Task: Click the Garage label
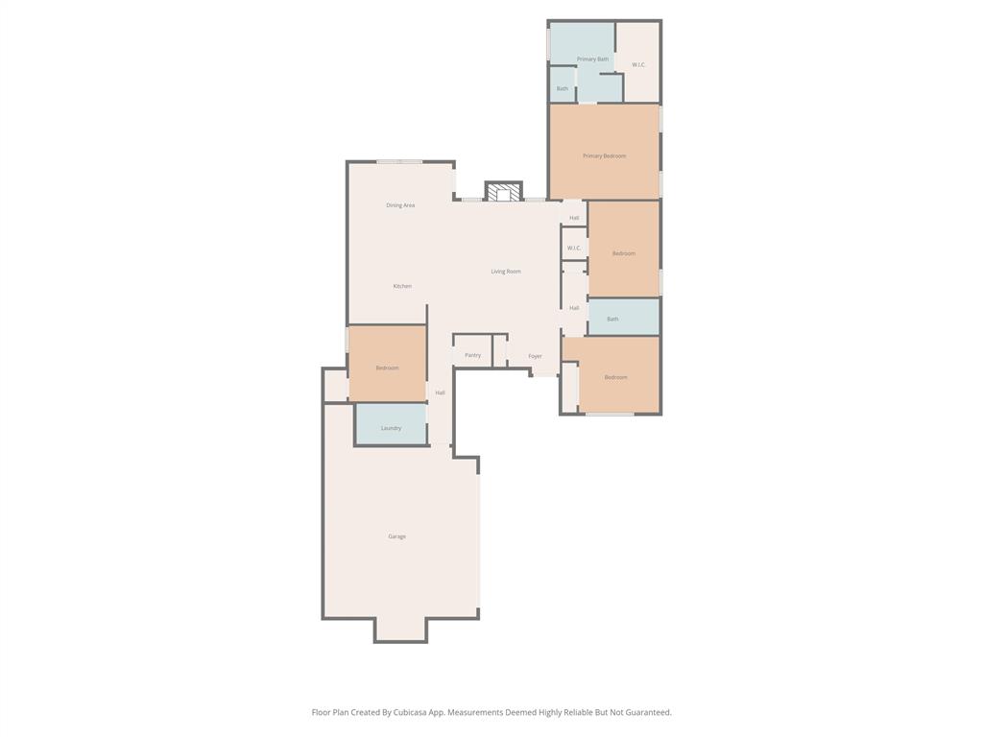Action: (396, 536)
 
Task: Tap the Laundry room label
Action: (391, 428)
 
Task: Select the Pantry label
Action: (472, 355)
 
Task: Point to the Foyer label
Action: (535, 356)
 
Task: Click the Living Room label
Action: (506, 272)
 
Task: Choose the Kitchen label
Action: (402, 286)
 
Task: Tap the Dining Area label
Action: (400, 205)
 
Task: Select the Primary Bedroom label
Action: (604, 155)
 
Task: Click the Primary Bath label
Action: (592, 59)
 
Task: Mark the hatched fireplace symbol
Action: (503, 193)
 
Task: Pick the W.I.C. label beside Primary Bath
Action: (638, 64)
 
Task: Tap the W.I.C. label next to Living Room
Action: (574, 248)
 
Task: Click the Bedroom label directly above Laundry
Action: (387, 368)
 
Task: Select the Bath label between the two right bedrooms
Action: (612, 319)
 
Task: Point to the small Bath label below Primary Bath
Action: (562, 88)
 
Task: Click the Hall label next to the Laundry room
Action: (440, 392)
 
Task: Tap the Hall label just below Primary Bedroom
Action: (574, 218)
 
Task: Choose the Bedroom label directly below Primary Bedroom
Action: (624, 253)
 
